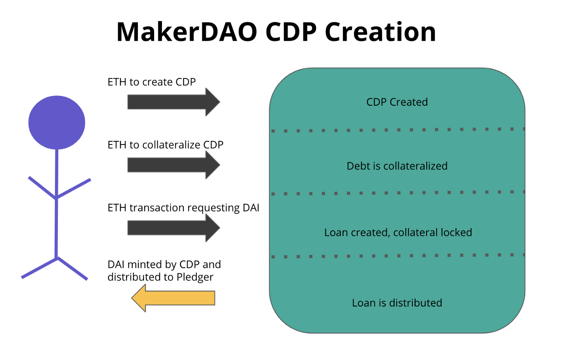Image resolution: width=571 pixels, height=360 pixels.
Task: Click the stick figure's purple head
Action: pos(57,122)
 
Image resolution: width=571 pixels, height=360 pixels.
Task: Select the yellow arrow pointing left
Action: pos(173,298)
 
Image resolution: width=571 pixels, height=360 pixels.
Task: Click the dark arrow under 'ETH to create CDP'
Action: pos(173,102)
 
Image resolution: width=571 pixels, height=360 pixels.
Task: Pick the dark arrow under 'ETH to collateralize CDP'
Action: pos(173,165)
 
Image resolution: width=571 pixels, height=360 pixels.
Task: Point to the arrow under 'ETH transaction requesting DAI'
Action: pos(173,228)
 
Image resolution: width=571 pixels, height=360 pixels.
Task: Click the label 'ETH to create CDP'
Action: pos(151,82)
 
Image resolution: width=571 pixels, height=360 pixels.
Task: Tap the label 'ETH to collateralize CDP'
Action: pos(165,145)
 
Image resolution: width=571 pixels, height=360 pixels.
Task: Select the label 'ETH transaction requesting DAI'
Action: pos(183,208)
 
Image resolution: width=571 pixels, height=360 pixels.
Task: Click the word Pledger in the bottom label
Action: pos(195,277)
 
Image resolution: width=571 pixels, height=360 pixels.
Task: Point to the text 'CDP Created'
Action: pos(397,102)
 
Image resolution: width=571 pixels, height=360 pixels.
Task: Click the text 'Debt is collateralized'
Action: pos(397,166)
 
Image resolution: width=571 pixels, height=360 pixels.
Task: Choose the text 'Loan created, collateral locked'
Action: pos(398,232)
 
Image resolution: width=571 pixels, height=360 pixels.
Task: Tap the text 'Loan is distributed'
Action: pos(397,303)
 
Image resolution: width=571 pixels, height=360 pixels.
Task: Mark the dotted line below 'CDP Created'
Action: pos(398,130)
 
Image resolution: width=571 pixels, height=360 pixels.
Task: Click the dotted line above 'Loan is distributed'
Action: pos(398,256)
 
